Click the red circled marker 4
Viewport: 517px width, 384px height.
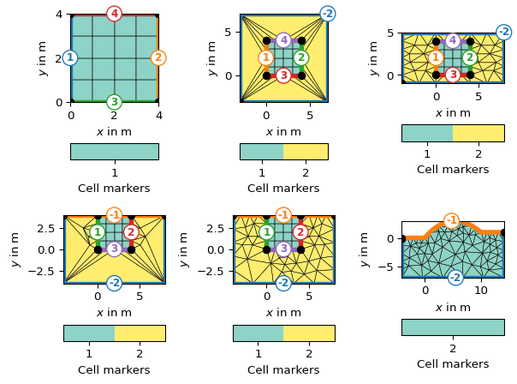[x=114, y=14]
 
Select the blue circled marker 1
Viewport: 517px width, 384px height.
[x=70, y=57]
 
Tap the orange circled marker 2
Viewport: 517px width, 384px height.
[x=157, y=57]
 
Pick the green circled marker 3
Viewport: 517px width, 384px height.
[x=114, y=102]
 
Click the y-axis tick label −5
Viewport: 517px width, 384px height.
[x=389, y=267]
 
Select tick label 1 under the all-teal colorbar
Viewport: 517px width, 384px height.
[x=114, y=172]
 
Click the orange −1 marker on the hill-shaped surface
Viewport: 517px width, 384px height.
[x=451, y=221]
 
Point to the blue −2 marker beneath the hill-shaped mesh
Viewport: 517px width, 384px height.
[x=455, y=278]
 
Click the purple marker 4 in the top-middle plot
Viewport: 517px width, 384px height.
[x=283, y=40]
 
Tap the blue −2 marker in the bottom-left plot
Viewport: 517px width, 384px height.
[x=114, y=283]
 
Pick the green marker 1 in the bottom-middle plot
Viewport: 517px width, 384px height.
[x=266, y=232]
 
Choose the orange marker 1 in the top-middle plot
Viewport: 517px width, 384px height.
[x=266, y=57]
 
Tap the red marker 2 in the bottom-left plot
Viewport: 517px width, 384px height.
[x=131, y=232]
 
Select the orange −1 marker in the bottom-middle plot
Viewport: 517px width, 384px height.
[x=283, y=215]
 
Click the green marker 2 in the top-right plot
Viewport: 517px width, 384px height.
[x=469, y=57]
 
